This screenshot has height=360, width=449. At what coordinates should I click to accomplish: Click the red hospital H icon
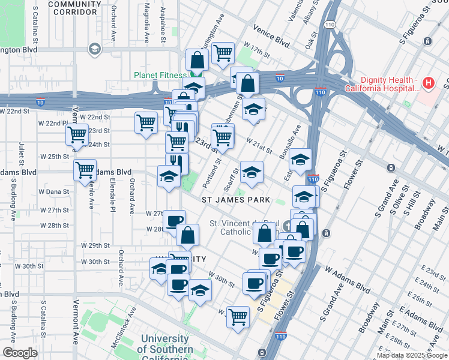pos(429,82)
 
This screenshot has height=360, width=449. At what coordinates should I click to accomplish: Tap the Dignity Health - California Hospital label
pos(381,85)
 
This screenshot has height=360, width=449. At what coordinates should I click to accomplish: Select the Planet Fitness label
pos(160,75)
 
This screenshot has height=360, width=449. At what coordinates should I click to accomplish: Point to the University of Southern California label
pos(165,349)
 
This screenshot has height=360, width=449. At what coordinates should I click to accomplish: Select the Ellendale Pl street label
pos(112,197)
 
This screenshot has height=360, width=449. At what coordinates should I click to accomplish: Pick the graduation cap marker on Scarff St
pos(252,171)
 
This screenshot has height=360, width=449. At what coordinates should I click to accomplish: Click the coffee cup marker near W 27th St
pos(174,221)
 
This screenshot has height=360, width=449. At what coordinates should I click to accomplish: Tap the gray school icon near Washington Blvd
pos(94,49)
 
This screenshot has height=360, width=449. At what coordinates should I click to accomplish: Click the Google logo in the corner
pos(20,353)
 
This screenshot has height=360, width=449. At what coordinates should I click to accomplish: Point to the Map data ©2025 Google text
pos(412,355)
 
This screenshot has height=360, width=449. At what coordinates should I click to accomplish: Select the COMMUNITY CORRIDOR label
pos(74,8)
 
